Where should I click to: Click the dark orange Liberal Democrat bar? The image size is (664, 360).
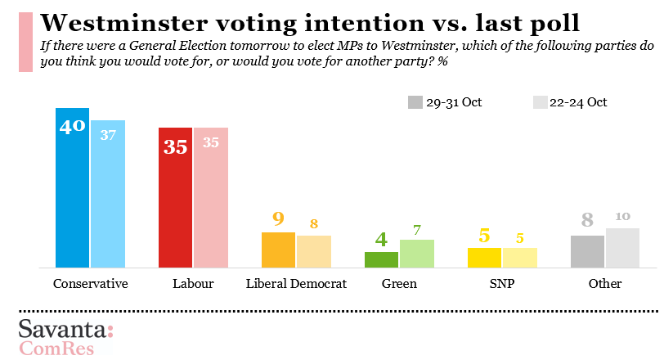(x=278, y=250)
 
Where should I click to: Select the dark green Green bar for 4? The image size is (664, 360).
(x=381, y=259)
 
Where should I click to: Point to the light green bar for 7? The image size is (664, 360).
(x=416, y=253)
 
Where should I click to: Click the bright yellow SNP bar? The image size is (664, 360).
(x=484, y=257)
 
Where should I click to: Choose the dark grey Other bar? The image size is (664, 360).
(x=587, y=251)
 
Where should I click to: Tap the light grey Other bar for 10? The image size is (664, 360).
(x=622, y=247)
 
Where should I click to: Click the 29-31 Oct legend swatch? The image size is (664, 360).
(x=415, y=102)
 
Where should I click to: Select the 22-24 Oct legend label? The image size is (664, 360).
(x=578, y=102)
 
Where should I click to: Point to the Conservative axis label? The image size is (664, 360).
(x=90, y=284)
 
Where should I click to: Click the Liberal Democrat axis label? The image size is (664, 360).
(x=297, y=284)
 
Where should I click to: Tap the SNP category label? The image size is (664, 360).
(x=501, y=284)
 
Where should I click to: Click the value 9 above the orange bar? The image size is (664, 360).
(x=278, y=219)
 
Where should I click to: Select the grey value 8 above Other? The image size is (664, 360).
(x=586, y=220)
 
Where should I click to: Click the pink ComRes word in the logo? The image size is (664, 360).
(x=56, y=349)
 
